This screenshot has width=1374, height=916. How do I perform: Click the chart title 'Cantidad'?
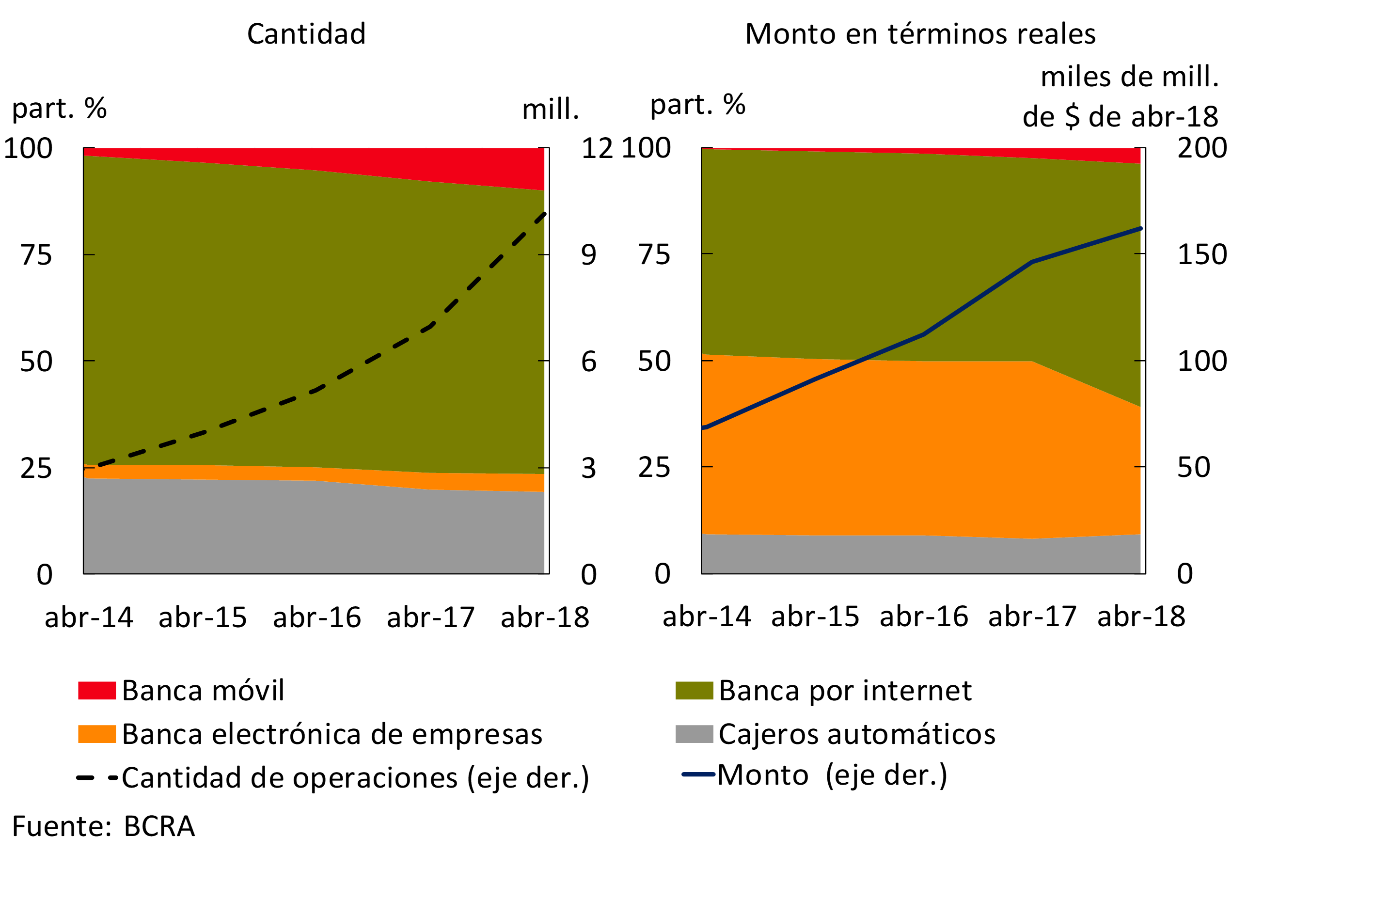click(x=306, y=34)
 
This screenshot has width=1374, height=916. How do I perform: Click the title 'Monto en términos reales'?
click(x=920, y=34)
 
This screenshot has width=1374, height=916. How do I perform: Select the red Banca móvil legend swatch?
click(x=97, y=691)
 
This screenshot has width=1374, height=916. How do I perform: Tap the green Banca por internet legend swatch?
click(x=694, y=691)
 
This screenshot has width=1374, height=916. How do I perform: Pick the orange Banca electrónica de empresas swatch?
click(x=97, y=734)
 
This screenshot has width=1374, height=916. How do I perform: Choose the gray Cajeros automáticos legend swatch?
click(x=694, y=734)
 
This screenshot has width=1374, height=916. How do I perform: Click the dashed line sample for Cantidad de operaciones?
click(x=97, y=777)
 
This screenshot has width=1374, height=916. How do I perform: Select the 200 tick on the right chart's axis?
click(x=1201, y=148)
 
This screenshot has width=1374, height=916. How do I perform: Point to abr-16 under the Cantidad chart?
click(x=316, y=617)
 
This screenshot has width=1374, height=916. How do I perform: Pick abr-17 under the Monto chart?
click(x=1032, y=616)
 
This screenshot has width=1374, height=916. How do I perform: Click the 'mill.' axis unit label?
click(x=550, y=109)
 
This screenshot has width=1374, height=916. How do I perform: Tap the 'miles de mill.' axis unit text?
click(x=1130, y=77)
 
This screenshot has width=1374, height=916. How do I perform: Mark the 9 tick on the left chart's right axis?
click(x=588, y=255)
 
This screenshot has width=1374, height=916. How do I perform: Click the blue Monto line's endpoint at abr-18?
click(x=1140, y=228)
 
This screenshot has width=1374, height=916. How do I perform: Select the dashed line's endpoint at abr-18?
click(x=544, y=214)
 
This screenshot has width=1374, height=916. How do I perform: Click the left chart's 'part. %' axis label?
click(x=60, y=108)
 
